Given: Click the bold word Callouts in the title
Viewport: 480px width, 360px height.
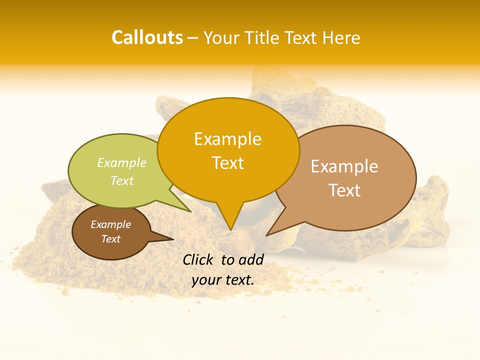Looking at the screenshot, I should [147, 38].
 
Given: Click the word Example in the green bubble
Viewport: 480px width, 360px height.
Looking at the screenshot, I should [122, 163].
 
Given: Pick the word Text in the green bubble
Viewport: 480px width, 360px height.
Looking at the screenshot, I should [122, 180].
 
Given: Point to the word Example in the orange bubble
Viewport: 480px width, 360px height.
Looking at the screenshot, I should [227, 139].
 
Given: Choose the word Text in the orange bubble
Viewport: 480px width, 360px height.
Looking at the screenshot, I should [227, 163].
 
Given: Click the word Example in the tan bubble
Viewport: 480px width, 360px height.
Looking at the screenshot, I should [344, 166].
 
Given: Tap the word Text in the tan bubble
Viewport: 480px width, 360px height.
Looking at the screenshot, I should [344, 190].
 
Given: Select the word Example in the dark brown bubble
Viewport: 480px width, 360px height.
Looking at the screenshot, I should [110, 224].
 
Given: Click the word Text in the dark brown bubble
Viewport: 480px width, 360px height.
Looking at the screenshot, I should [110, 239].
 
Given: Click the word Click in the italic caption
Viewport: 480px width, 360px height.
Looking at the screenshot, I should [198, 259].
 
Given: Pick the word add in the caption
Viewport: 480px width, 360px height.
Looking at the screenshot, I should [251, 259].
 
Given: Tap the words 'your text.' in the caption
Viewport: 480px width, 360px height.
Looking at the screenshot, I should [223, 280].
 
